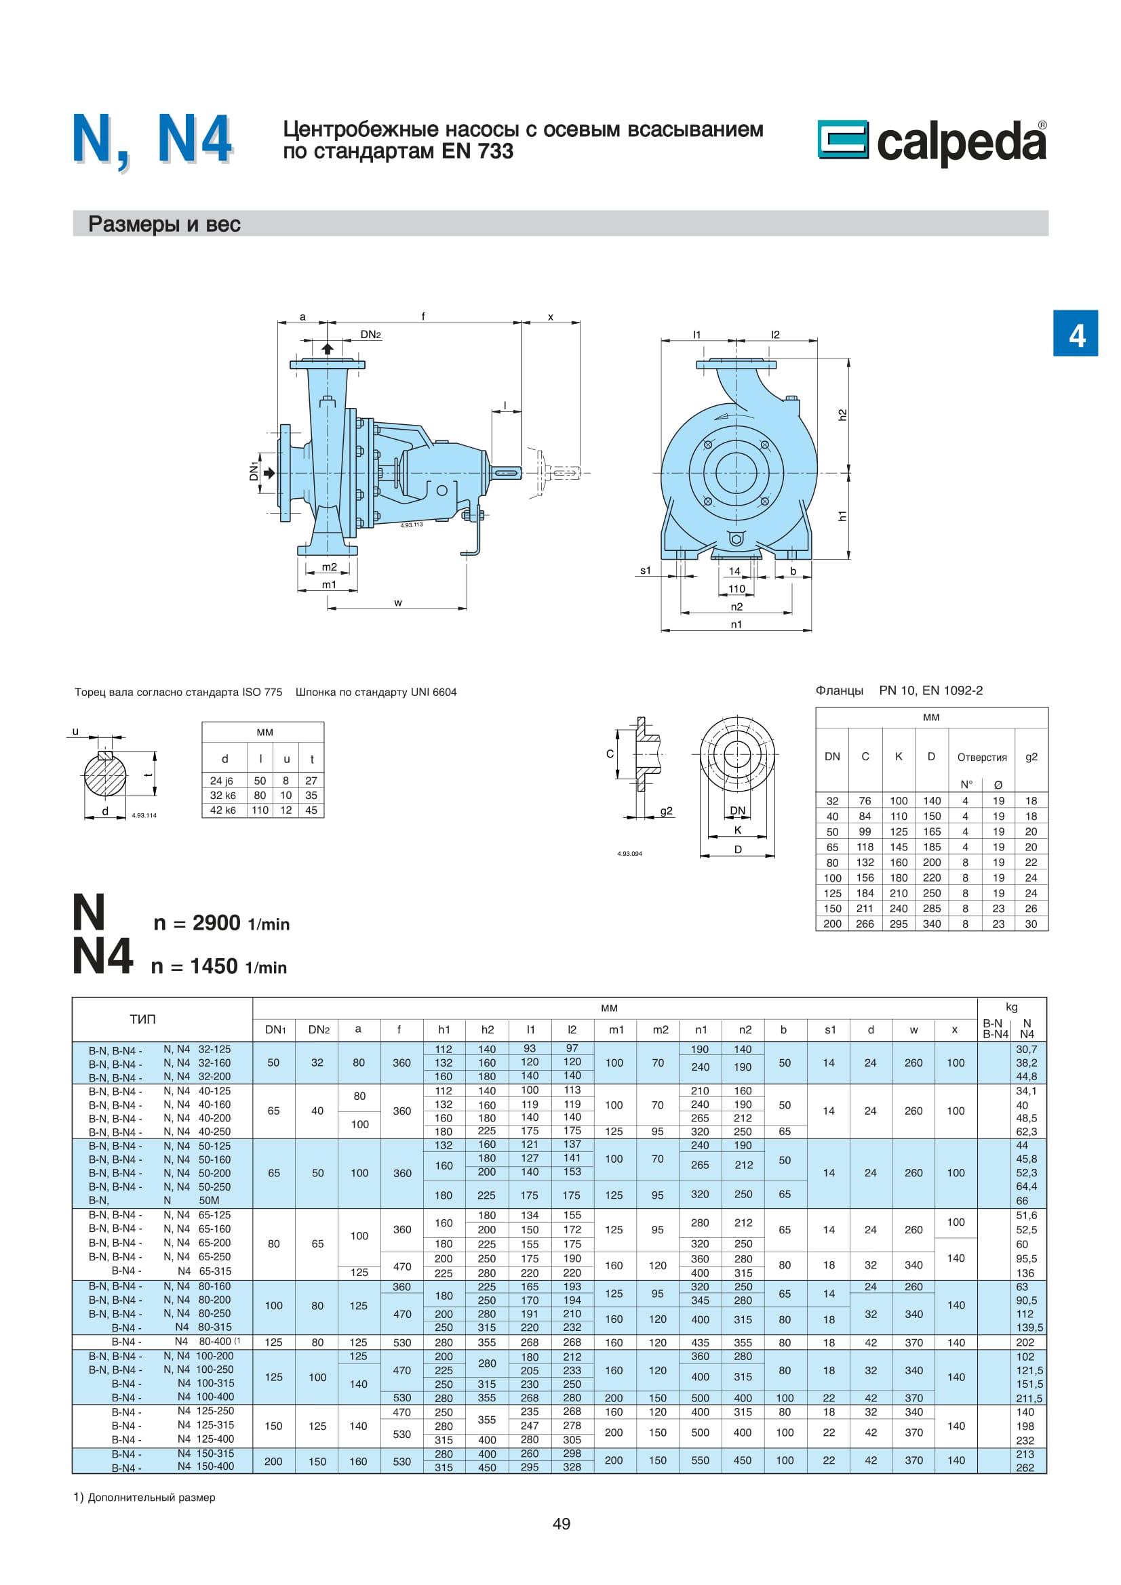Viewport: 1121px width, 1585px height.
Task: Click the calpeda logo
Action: [x=931, y=142]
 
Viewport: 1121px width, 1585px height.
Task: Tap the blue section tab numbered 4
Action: [x=1075, y=334]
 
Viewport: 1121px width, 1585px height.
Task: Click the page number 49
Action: [x=561, y=1523]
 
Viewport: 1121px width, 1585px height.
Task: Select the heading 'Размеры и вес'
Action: [x=164, y=224]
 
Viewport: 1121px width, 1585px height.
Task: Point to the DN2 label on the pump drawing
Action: [x=370, y=335]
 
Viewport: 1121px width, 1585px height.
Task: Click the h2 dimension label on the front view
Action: [x=842, y=415]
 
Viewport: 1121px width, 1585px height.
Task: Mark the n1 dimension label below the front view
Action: [x=736, y=624]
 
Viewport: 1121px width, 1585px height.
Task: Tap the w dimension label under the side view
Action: [x=398, y=602]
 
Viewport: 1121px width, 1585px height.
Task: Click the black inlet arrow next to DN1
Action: [x=269, y=473]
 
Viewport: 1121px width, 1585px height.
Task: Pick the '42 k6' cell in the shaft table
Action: [x=222, y=810]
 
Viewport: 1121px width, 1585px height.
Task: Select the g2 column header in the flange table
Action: [x=1031, y=757]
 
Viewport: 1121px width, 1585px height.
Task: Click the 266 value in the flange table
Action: [x=865, y=924]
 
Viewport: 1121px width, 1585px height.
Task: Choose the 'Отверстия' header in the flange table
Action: [x=981, y=758]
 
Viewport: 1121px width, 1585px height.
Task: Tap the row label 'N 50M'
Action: [x=191, y=1201]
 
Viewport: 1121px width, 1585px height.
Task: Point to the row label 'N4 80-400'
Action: [x=207, y=1341]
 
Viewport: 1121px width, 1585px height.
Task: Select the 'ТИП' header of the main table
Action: [x=143, y=1019]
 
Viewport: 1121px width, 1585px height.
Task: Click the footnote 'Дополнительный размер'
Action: [x=151, y=1498]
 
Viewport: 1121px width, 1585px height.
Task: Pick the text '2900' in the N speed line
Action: [x=216, y=923]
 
